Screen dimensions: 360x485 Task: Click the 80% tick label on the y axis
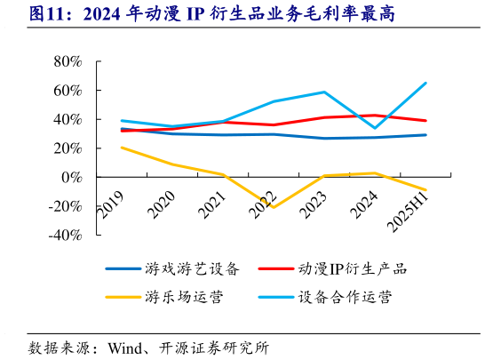68,61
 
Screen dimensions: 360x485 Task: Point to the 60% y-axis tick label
68,91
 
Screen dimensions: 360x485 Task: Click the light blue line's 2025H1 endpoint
425,83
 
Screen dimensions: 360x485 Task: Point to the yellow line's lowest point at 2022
273,207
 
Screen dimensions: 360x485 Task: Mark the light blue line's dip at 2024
375,128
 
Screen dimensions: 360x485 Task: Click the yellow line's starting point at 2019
121,148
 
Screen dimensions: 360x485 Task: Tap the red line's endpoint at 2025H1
425,121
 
